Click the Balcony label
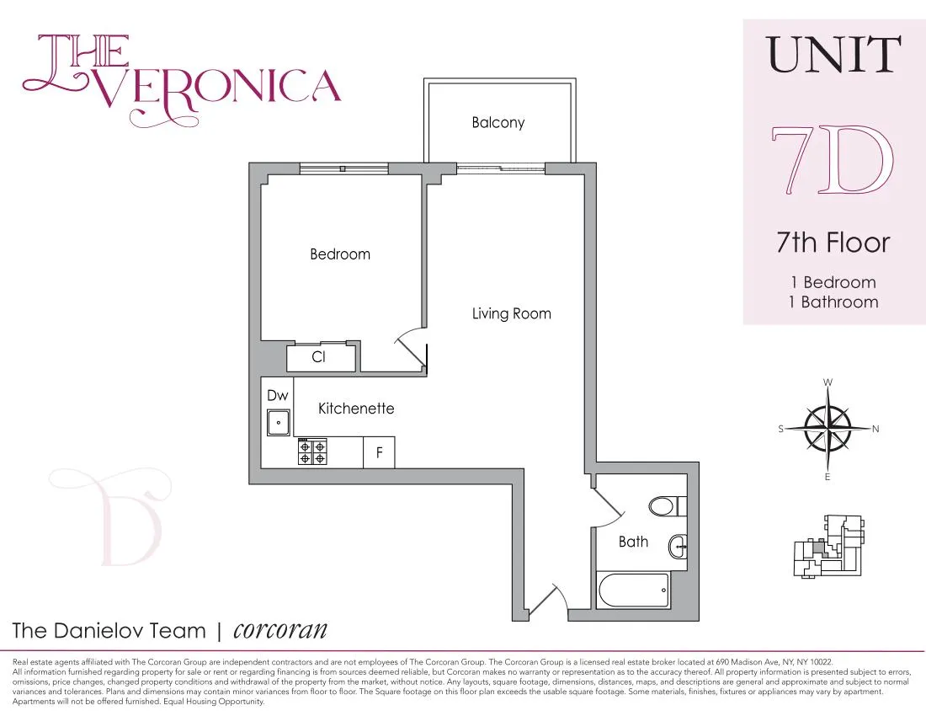(x=498, y=123)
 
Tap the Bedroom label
(x=340, y=254)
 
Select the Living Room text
(x=511, y=314)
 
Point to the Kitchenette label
(x=356, y=409)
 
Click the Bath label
(x=633, y=542)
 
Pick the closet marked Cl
(x=319, y=357)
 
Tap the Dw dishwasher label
(x=278, y=395)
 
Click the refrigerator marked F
(x=379, y=453)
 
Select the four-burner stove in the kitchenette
(x=311, y=452)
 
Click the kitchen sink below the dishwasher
(x=279, y=422)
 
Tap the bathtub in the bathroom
(x=634, y=590)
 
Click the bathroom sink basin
(x=679, y=548)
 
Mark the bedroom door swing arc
(x=411, y=345)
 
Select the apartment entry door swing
(x=547, y=600)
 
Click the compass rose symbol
(x=828, y=429)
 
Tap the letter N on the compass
(x=875, y=429)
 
